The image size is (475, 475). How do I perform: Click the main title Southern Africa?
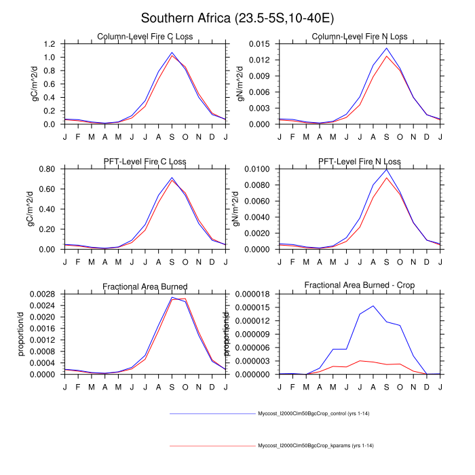point(237,18)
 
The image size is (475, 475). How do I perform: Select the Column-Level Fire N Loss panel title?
point(360,37)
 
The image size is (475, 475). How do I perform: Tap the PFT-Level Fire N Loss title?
point(360,162)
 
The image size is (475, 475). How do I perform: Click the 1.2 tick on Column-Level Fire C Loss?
point(50,44)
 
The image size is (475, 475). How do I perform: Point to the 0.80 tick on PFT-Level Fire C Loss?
point(47,169)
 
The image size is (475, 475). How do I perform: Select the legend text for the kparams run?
point(316,446)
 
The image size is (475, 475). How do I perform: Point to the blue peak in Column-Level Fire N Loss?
point(386,48)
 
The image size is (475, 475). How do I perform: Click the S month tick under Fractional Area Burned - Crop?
point(386,387)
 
